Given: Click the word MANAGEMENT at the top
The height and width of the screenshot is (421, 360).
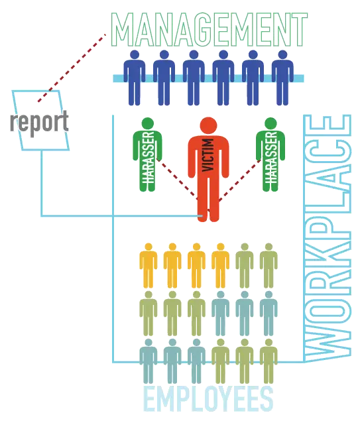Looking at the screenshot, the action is click(x=210, y=30).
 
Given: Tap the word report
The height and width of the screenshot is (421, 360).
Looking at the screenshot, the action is click(x=40, y=123).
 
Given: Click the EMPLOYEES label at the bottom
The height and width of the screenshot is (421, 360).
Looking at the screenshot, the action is click(x=208, y=398).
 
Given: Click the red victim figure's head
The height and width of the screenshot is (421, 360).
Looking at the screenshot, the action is click(x=208, y=126).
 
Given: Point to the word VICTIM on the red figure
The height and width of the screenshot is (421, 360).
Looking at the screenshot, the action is click(x=208, y=155).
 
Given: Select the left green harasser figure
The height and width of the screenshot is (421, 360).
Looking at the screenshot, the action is click(x=147, y=154).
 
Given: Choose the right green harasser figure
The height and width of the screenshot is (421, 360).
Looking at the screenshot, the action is click(x=270, y=154).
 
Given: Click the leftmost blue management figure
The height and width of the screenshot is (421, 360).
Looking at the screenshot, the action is click(x=135, y=78).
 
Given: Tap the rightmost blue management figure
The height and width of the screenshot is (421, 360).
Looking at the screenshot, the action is click(x=282, y=78).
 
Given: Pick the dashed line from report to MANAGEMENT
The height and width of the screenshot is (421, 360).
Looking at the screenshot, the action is click(x=72, y=68).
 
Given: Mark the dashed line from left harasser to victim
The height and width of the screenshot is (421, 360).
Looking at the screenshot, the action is click(x=177, y=180).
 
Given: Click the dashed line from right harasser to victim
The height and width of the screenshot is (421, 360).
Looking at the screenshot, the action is click(x=240, y=180).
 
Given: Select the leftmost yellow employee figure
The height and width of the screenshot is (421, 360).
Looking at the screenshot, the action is click(x=149, y=266).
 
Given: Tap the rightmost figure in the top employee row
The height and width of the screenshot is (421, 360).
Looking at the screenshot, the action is click(x=269, y=266).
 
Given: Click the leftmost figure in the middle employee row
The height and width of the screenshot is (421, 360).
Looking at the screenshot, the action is click(x=149, y=314).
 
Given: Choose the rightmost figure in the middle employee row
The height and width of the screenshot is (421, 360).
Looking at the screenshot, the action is click(x=269, y=314).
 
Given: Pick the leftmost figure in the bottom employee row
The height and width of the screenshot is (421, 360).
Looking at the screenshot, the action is click(x=149, y=361).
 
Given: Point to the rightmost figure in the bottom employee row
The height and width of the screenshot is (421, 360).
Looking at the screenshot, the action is click(x=269, y=361).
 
